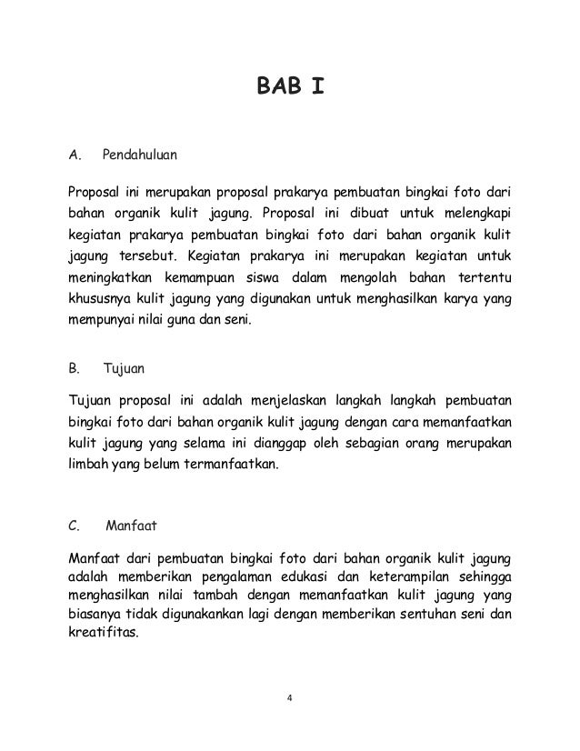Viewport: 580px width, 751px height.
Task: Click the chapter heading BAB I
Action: click(288, 88)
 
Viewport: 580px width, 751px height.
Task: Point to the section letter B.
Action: click(75, 370)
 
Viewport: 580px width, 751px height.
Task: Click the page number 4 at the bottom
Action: click(289, 699)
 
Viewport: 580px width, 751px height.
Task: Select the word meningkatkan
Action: click(112, 276)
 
